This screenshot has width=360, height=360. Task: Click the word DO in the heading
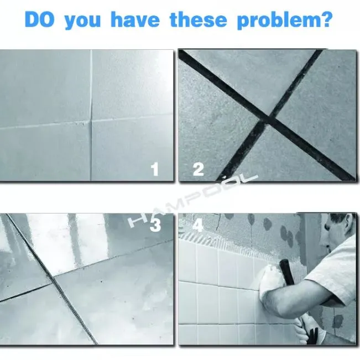[x=40, y=19]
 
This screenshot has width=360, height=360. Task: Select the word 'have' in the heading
[x=135, y=19]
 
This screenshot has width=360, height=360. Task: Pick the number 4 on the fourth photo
[x=198, y=225]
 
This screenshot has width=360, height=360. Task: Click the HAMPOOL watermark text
[x=194, y=202]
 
